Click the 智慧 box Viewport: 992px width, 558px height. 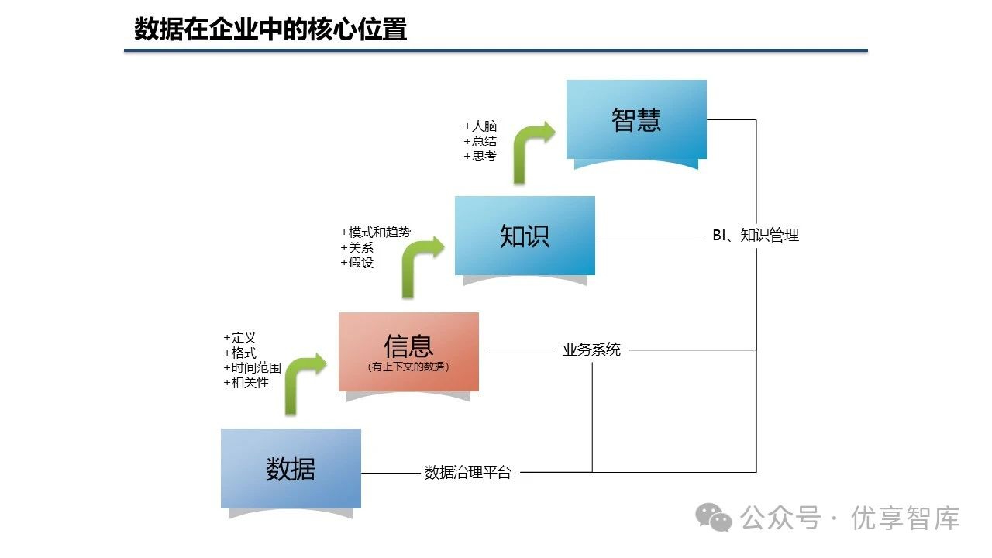pos(636,119)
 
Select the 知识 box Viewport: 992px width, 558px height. pos(525,236)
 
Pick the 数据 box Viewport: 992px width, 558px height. pos(291,468)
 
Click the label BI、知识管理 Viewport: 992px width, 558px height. pos(755,236)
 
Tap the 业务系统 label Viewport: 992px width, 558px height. pos(591,350)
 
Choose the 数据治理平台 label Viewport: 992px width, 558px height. pos(468,473)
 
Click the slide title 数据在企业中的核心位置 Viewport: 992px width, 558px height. pos(270,29)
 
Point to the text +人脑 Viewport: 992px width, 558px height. pos(480,126)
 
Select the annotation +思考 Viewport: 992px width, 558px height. pos(480,156)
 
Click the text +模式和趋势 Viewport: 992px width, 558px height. pos(376,232)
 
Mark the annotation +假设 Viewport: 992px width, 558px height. pos(357,262)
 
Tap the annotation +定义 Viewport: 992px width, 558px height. pos(240,338)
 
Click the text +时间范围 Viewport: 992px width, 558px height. pos(253,367)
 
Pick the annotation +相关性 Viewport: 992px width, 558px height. pos(246,382)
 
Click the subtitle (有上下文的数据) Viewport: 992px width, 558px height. pos(408,367)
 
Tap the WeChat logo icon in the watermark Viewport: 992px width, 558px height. pos(713,518)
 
